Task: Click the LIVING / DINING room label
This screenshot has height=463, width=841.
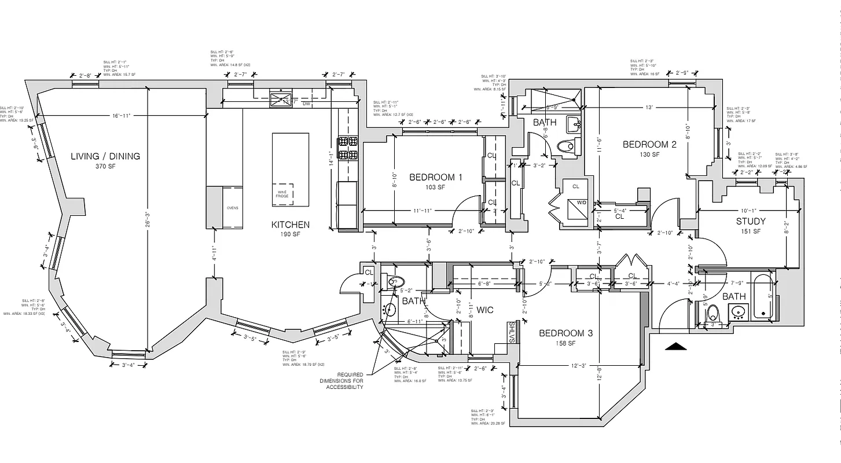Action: coord(105,156)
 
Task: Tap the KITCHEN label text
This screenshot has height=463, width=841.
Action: coord(291,225)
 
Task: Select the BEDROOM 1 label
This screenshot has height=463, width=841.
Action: coord(436,177)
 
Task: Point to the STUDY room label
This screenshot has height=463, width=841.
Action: coord(751,221)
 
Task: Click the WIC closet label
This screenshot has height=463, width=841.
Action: coord(485,310)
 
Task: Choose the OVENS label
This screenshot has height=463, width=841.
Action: coord(232,208)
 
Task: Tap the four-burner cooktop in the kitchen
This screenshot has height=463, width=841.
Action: coord(348,148)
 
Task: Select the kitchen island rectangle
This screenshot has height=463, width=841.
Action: coord(291,169)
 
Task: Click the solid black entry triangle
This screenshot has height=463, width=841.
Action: coord(676,347)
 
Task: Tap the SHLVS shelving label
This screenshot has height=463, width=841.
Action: coord(512,332)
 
